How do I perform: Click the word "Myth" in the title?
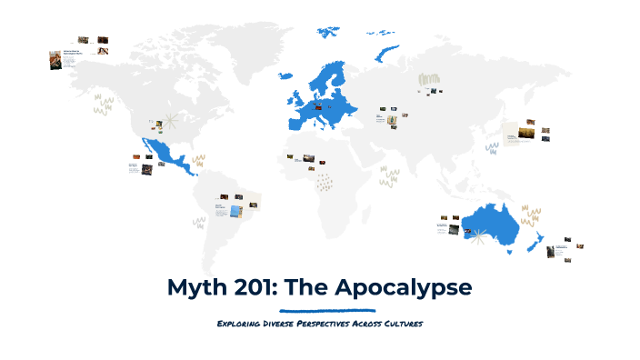click(196, 288)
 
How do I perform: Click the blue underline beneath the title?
click(320, 310)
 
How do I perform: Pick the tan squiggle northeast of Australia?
click(531, 216)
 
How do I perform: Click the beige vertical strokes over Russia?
click(427, 79)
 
